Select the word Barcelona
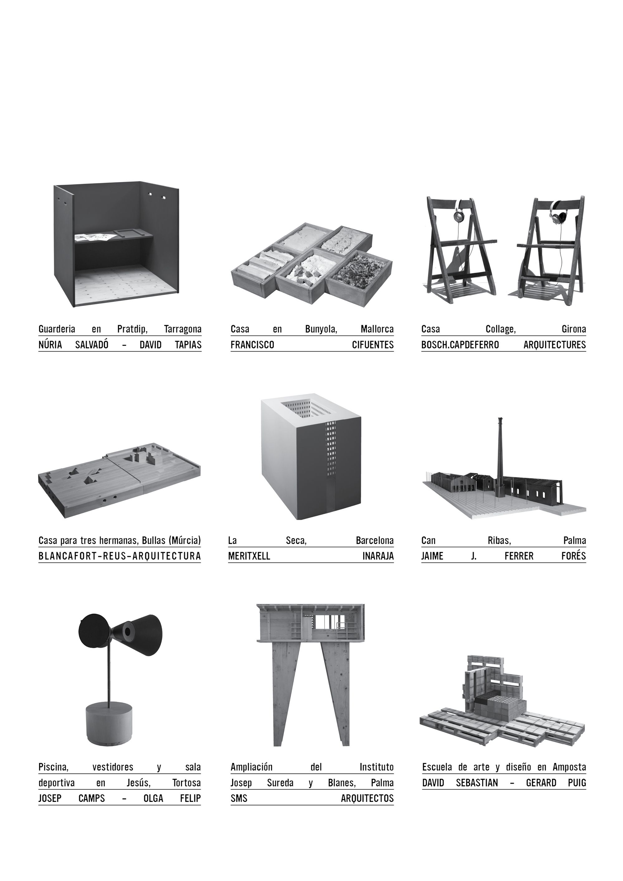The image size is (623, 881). point(375,541)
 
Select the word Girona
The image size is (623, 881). point(574,329)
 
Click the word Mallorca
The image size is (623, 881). point(377,329)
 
